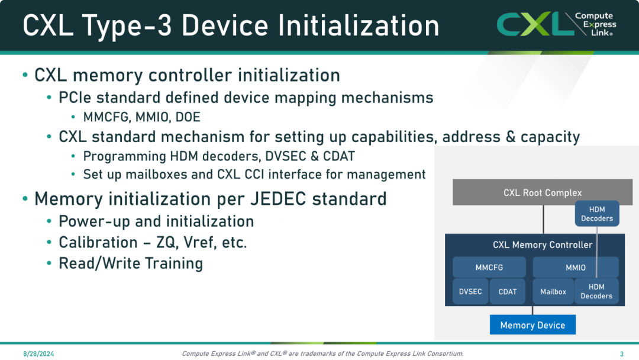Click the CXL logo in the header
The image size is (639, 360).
click(556, 24)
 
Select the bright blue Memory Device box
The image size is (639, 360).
click(532, 324)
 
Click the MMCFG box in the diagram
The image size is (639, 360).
click(489, 268)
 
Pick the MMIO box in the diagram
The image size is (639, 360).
click(576, 268)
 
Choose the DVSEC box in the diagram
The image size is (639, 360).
click(470, 291)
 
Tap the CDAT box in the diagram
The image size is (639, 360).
click(508, 291)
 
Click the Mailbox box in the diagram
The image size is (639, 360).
click(553, 291)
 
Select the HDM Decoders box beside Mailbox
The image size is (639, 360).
click(596, 291)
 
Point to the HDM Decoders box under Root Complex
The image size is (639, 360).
click(597, 214)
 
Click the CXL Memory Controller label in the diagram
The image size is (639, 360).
click(543, 245)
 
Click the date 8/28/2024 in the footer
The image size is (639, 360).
click(38, 354)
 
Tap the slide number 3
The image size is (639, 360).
click(621, 354)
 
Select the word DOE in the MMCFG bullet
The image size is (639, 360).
click(188, 117)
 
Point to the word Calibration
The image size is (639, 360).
click(98, 242)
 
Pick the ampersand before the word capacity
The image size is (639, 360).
click(510, 137)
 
